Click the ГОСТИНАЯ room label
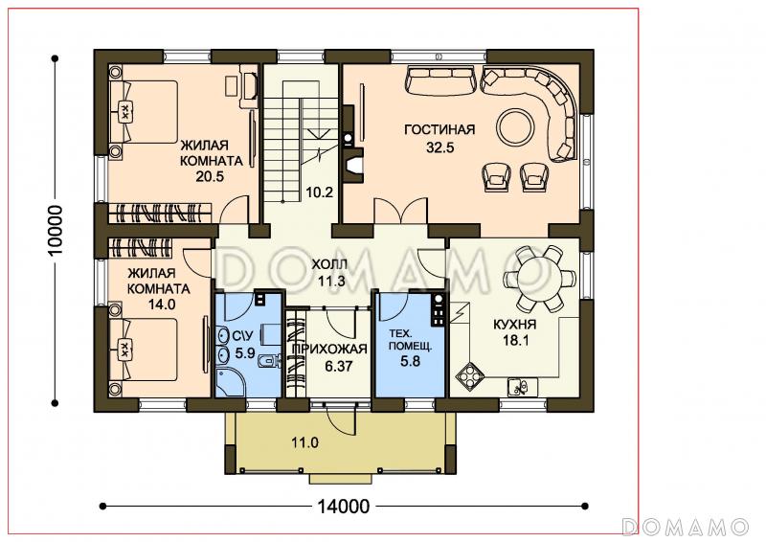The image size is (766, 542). point(439,129)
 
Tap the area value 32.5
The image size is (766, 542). point(440,147)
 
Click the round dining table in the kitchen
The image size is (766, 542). point(539,280)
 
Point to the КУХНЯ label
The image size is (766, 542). point(514,325)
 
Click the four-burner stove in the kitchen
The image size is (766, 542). point(470,376)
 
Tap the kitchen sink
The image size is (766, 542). point(522,387)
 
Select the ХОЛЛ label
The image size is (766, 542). point(329,265)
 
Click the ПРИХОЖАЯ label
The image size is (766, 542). point(329,349)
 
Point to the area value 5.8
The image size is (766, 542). point(411,362)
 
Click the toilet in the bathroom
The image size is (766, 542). point(269,361)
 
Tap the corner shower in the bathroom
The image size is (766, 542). point(230,383)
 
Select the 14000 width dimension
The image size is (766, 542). point(344,507)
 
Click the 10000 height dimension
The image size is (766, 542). point(56,230)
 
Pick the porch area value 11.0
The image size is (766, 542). point(304,443)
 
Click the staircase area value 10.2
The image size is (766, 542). point(320,192)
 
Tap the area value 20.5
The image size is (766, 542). point(210,176)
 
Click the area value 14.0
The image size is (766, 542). point(162,305)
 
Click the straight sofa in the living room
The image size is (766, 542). point(440,80)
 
